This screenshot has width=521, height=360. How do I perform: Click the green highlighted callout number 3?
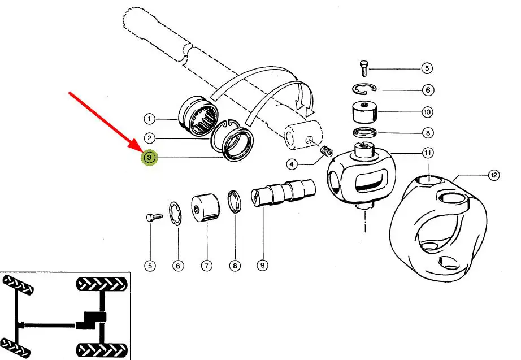[149, 158]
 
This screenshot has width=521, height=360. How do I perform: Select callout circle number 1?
[149, 119]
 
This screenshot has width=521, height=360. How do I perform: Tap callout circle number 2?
[149, 138]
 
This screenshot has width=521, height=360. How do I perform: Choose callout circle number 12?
[494, 175]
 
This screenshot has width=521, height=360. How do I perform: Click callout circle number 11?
[428, 153]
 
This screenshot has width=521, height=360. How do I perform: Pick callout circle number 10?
[428, 112]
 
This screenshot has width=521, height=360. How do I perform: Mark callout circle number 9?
[262, 264]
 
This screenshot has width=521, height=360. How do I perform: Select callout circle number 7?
[206, 264]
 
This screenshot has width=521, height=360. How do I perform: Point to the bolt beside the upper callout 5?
[364, 68]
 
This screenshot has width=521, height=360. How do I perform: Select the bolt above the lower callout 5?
[153, 217]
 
